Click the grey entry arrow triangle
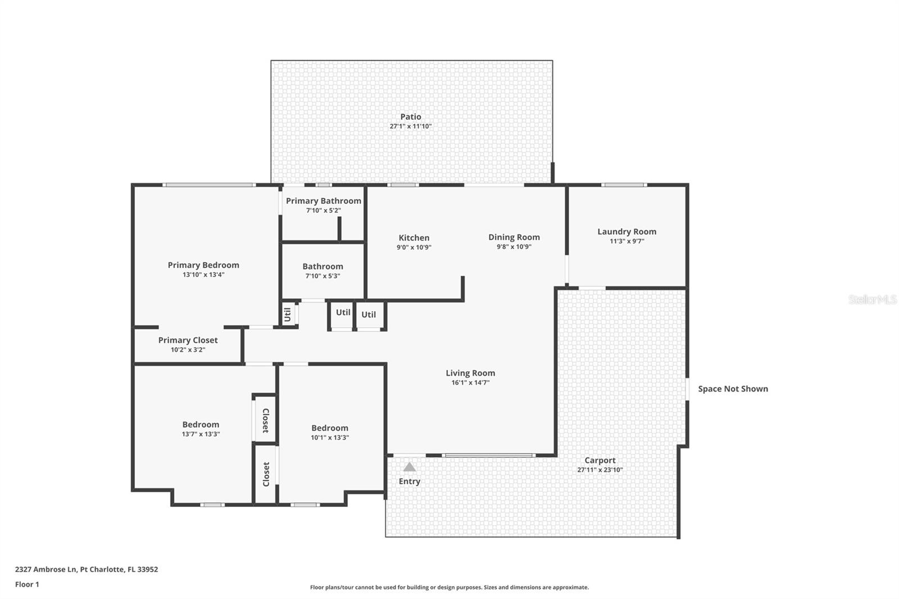(410, 467)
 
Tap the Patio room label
(411, 117)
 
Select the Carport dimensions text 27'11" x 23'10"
(600, 470)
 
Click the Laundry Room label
(626, 232)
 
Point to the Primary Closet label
(188, 340)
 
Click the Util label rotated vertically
(287, 315)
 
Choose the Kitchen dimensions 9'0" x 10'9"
(414, 247)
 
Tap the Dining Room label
(514, 237)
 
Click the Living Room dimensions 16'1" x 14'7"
(470, 383)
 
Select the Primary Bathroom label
(323, 201)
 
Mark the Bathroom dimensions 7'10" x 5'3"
(323, 276)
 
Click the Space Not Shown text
(733, 389)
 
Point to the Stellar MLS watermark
(872, 300)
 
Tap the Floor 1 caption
(27, 584)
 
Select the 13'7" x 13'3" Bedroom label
(201, 425)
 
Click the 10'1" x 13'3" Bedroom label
(330, 428)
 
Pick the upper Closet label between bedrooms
(265, 420)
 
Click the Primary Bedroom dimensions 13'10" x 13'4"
(203, 275)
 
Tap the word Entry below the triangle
(409, 482)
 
